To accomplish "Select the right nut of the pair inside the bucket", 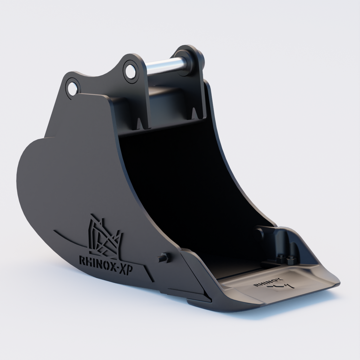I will click(x=290, y=260).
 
